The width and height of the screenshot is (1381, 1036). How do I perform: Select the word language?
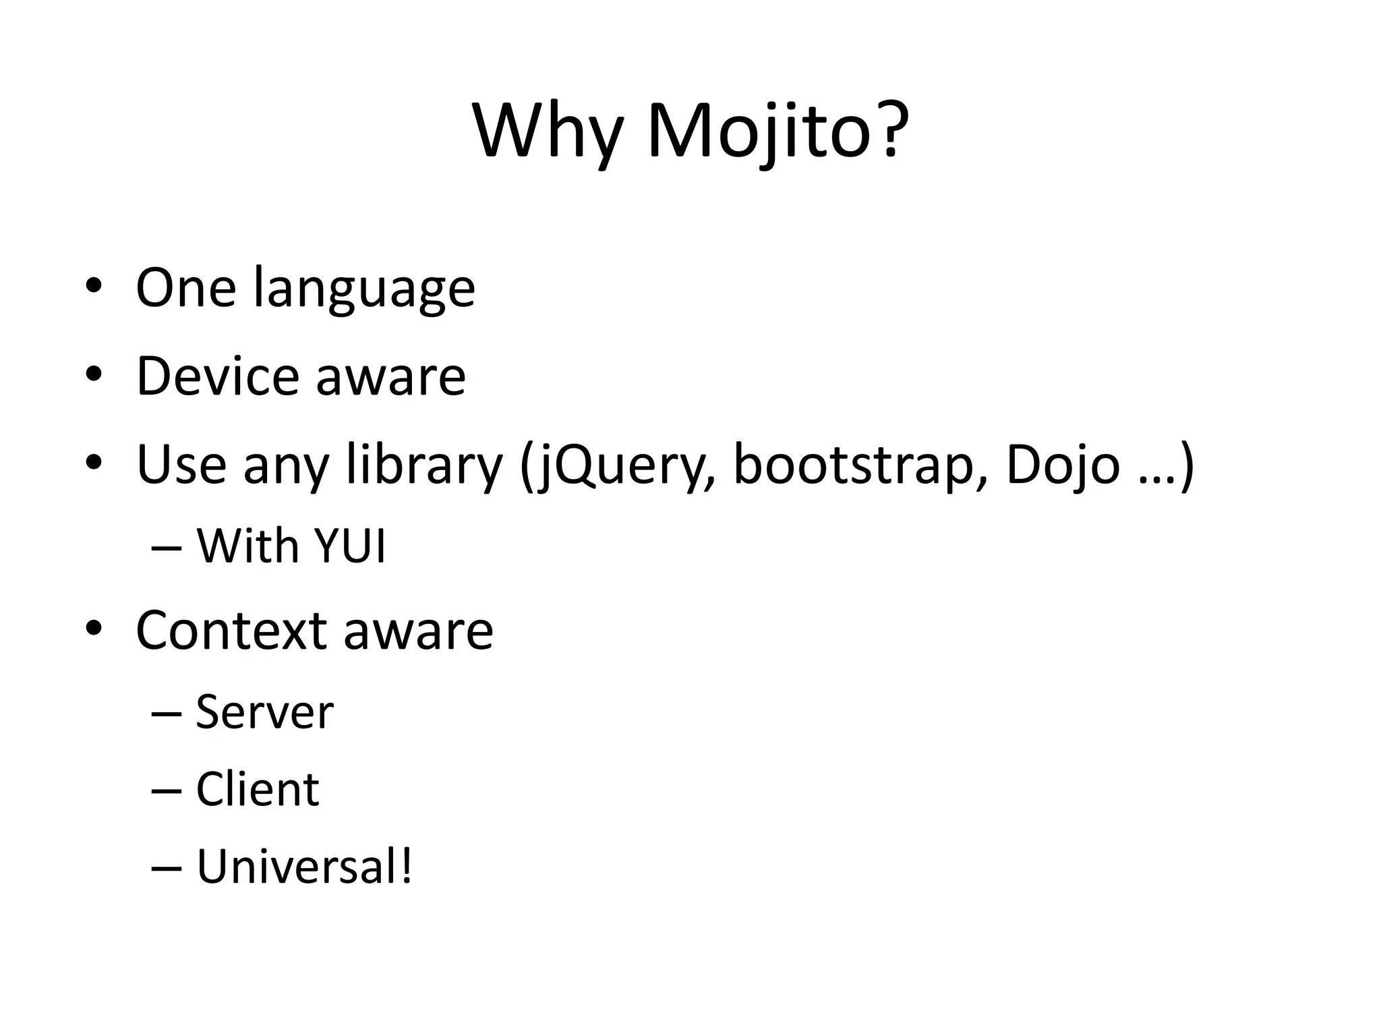point(364,289)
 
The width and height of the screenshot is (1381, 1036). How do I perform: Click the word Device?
point(217,376)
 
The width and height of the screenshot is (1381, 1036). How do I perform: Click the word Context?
point(231,630)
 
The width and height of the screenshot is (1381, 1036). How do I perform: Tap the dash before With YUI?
point(167,548)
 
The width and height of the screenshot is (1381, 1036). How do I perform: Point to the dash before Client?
point(167,790)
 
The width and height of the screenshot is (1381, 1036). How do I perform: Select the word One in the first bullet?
point(185,288)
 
